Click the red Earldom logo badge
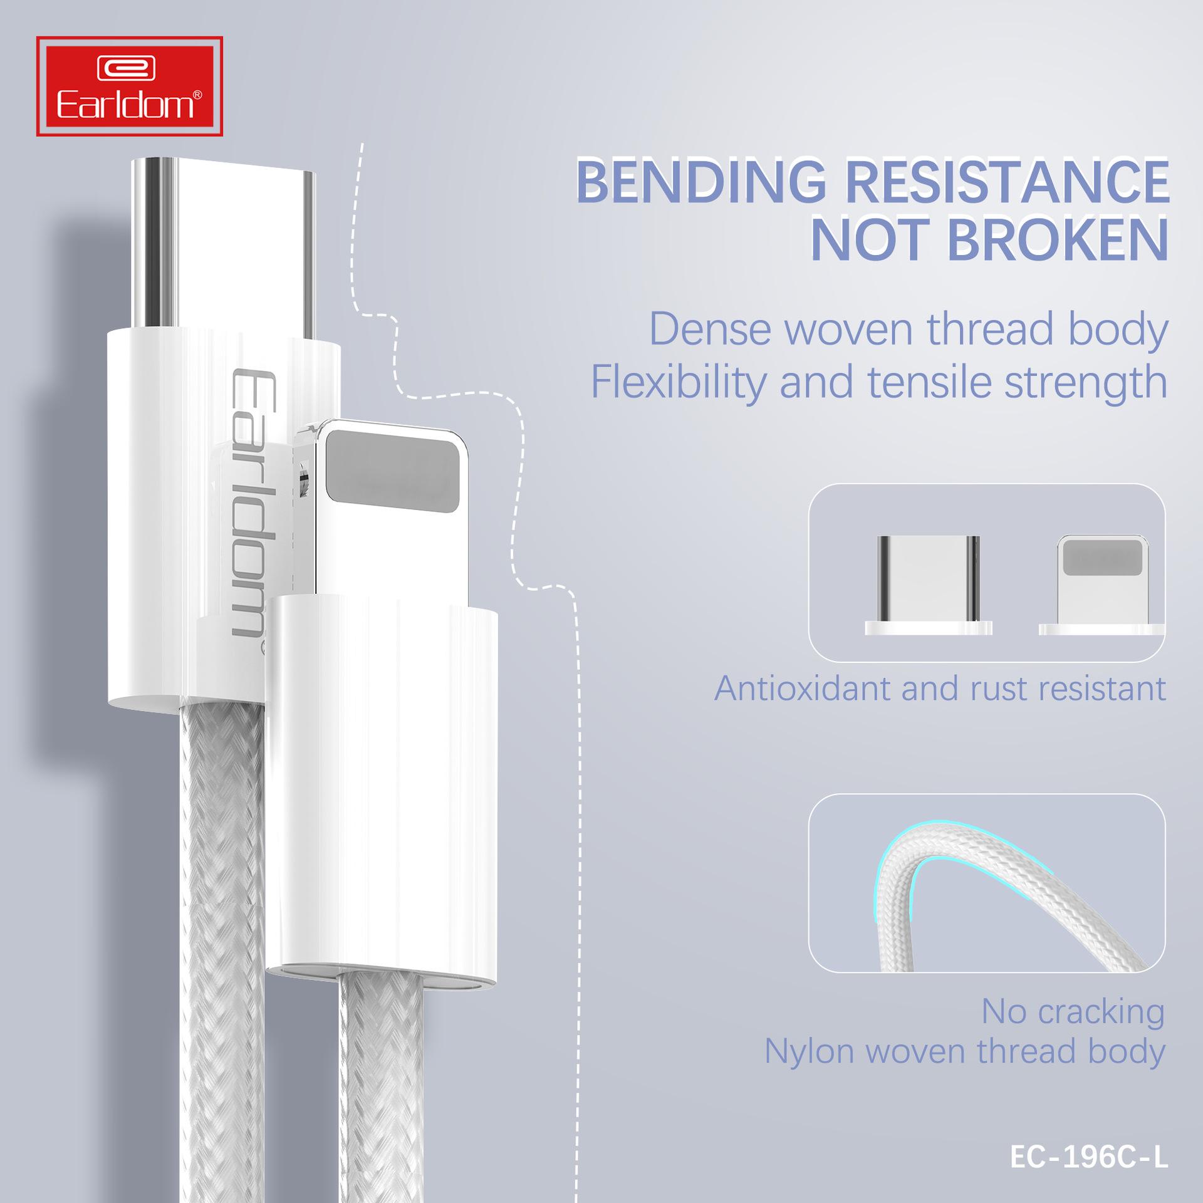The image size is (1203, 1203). point(130,86)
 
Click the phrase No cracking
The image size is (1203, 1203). point(1073,1011)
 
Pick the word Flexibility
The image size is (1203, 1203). point(679,383)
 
